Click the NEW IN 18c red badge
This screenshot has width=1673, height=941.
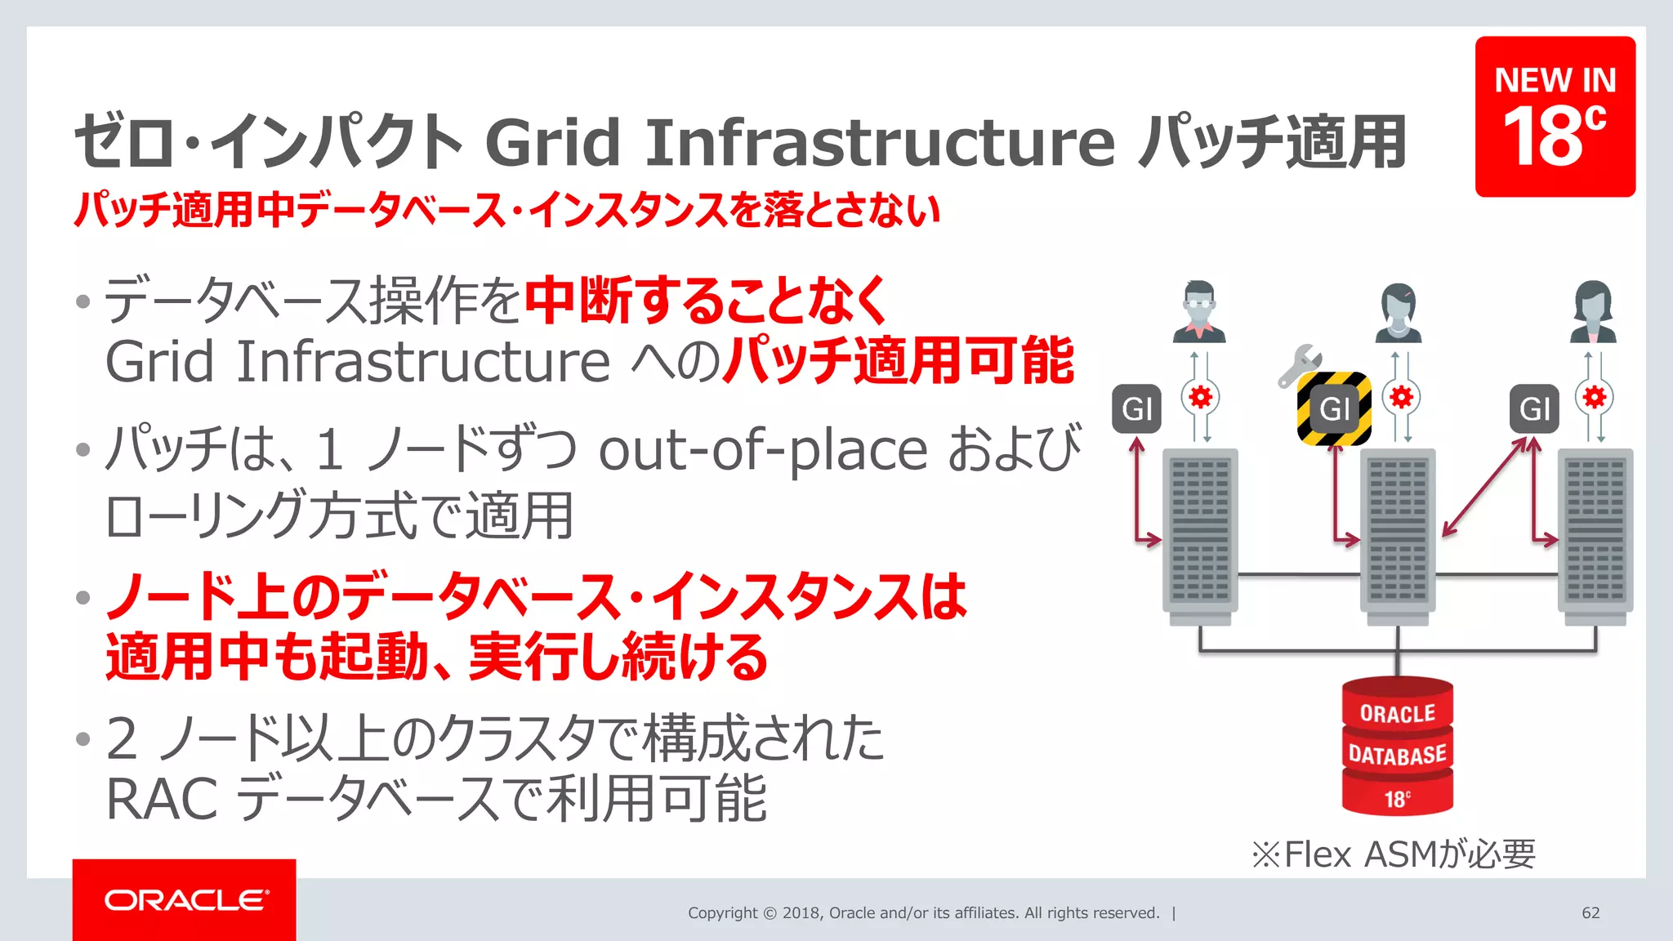point(1555,116)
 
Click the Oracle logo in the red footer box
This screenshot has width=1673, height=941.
point(186,900)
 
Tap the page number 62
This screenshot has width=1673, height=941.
point(1590,912)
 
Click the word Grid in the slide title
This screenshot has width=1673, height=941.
point(552,142)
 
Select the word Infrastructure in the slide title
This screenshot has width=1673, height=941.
point(880,142)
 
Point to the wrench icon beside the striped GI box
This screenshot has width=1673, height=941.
point(1300,365)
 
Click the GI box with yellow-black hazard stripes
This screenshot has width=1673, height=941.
point(1334,408)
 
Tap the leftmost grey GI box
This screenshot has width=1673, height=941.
point(1136,408)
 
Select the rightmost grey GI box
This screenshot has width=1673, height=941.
point(1534,408)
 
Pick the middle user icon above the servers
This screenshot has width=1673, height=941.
point(1398,313)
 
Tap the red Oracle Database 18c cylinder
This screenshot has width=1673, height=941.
point(1397,747)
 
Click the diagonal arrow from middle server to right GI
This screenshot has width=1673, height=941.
point(1485,487)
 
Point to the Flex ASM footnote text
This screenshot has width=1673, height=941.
point(1394,854)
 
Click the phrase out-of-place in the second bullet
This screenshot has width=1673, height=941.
point(763,450)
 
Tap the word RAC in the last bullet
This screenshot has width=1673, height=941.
point(161,799)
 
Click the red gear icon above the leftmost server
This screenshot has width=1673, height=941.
point(1200,398)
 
